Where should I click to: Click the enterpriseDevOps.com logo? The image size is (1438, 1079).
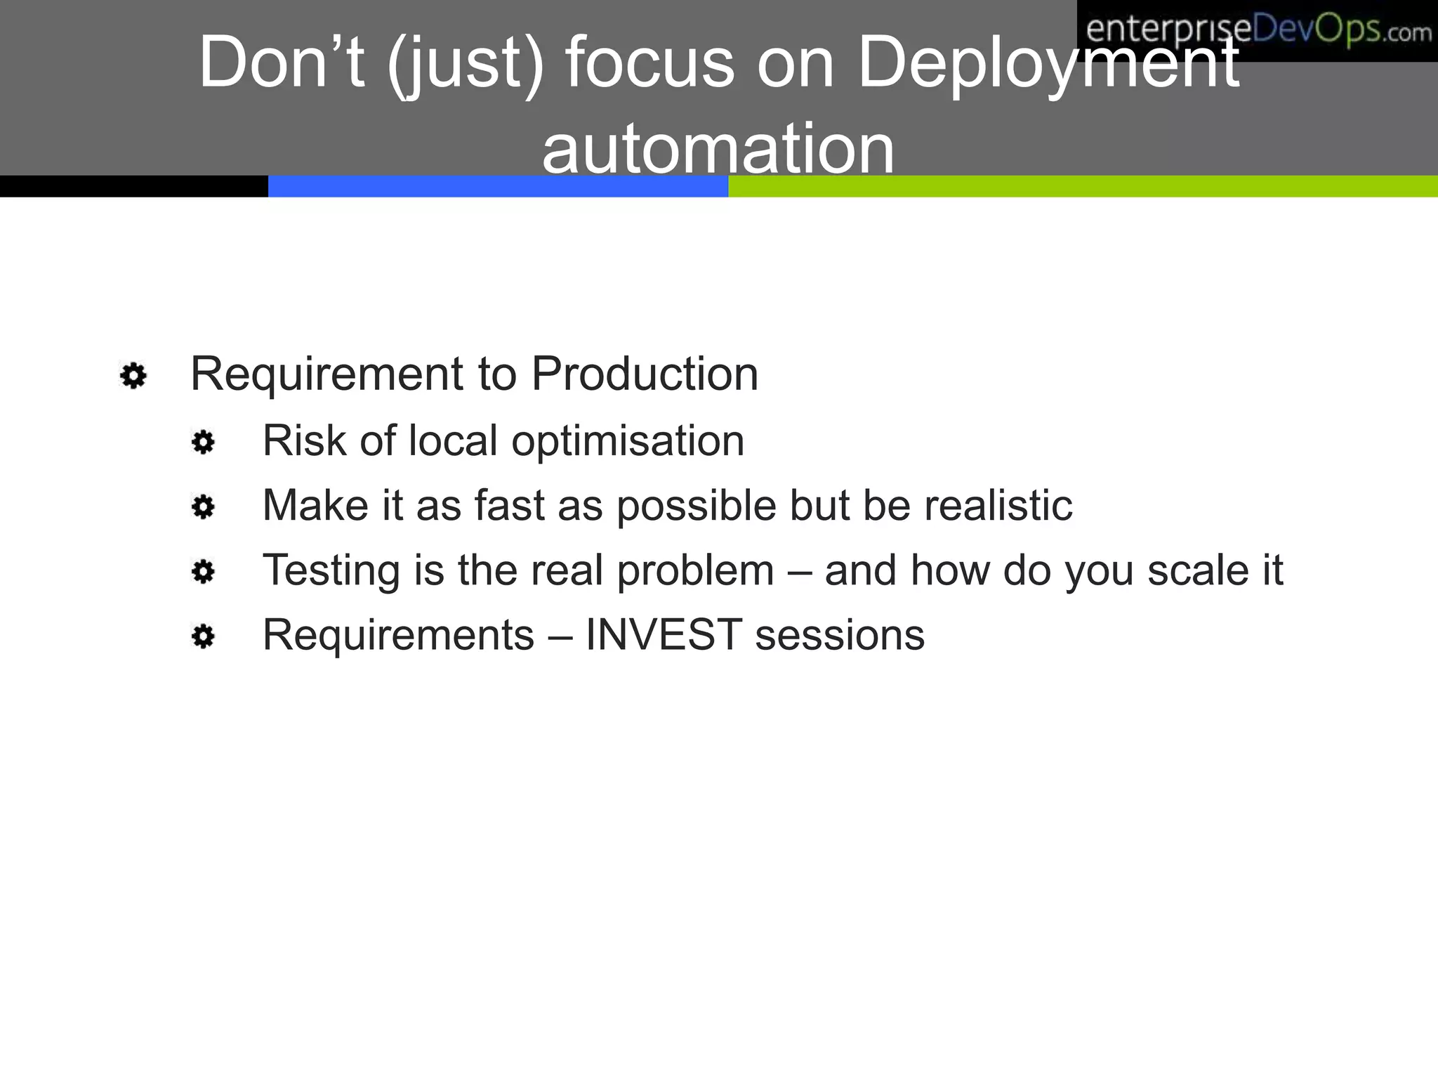point(1257,31)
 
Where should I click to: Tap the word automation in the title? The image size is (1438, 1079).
point(718,149)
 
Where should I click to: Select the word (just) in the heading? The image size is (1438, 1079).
point(465,65)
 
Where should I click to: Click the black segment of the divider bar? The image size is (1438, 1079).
point(133,186)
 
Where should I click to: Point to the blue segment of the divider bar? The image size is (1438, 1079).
point(498,186)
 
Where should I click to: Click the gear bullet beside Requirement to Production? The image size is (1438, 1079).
point(133,376)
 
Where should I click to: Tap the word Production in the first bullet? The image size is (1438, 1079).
point(644,374)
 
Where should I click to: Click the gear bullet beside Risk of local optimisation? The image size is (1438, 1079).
point(203,443)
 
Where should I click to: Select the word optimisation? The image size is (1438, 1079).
point(627,442)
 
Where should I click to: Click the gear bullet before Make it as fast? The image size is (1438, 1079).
point(203,507)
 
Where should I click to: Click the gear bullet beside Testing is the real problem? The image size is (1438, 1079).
point(203,572)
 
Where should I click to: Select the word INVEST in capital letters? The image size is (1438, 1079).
point(664,635)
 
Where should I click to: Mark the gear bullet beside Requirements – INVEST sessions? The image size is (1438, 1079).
point(203,637)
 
